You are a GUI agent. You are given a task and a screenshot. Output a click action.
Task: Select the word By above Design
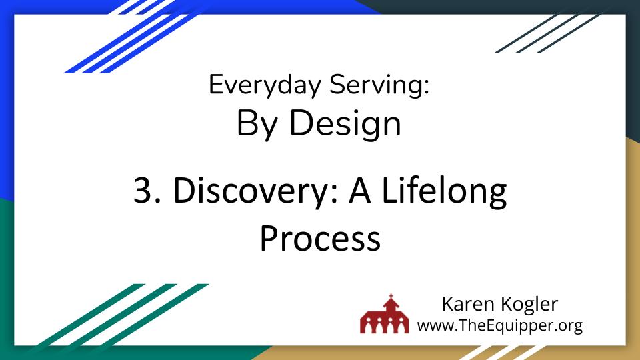(257, 123)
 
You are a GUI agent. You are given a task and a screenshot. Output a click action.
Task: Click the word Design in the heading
(347, 123)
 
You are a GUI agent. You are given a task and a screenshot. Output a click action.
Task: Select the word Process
(320, 238)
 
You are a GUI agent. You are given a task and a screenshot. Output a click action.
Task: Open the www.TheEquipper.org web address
(500, 325)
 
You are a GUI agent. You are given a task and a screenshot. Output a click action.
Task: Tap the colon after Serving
(426, 89)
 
